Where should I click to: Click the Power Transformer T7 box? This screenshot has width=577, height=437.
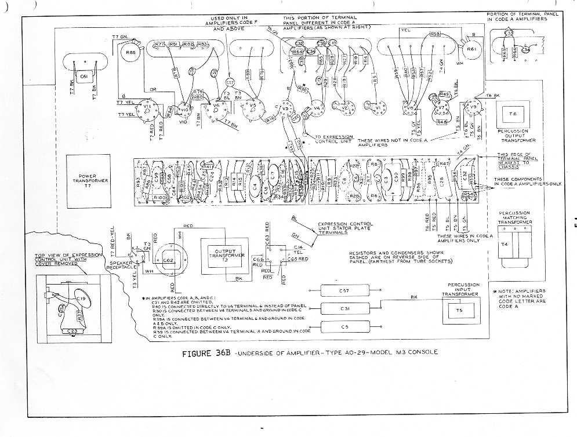[x=89, y=181]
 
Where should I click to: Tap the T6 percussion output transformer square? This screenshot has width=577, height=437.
[x=512, y=114]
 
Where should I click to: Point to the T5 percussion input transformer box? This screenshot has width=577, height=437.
[x=459, y=313]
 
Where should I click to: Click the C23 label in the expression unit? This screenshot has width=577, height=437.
[x=72, y=333]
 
